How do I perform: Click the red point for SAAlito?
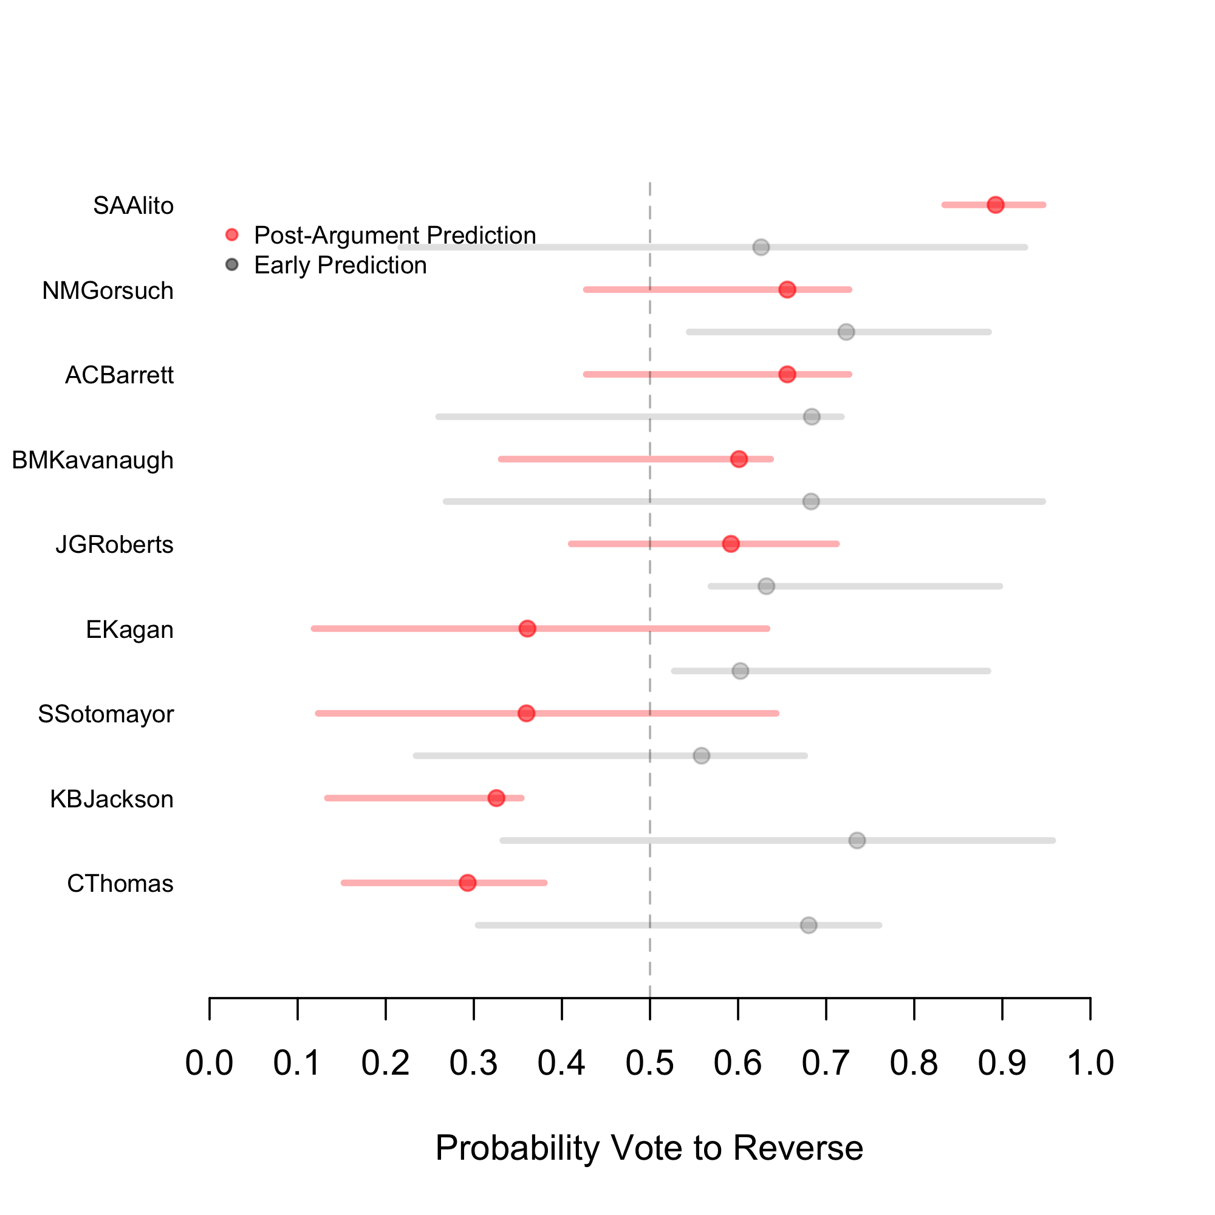(995, 205)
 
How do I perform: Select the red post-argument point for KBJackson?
(496, 798)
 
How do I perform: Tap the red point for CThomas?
(467, 883)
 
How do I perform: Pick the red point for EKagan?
(527, 629)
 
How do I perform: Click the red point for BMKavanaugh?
(739, 459)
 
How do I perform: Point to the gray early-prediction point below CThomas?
(809, 925)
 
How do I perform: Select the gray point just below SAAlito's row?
(761, 247)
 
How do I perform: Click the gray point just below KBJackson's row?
(857, 840)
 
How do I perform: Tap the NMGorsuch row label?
(108, 291)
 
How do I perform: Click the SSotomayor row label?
(106, 714)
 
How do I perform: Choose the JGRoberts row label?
(114, 544)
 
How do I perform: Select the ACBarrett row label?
(120, 375)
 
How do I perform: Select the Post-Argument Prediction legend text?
(395, 235)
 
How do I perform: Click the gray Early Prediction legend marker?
(232, 265)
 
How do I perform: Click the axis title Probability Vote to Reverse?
(649, 1148)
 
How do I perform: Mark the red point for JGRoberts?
(730, 544)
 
